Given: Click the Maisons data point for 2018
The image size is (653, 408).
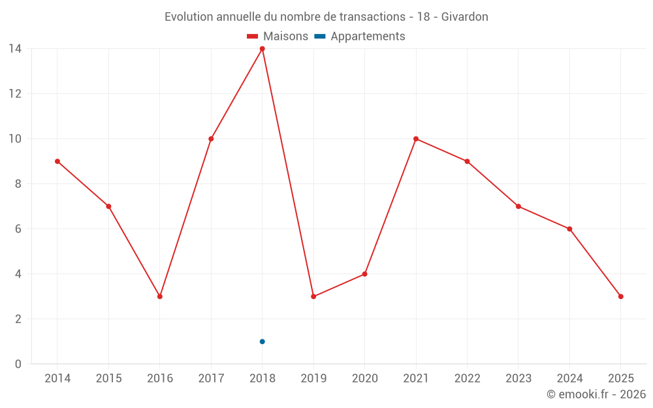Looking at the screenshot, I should point(262,49).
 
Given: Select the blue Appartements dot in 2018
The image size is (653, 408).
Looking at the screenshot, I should point(262,341).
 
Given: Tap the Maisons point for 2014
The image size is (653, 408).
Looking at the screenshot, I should point(57,161).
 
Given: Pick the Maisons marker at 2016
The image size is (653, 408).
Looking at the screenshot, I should point(160,296).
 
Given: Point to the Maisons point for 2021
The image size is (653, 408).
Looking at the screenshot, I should point(416,139).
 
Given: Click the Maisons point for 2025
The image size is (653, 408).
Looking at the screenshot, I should point(620,296).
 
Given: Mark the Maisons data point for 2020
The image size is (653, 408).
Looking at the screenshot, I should point(364,274).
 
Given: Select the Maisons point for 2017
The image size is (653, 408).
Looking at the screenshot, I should point(211,139).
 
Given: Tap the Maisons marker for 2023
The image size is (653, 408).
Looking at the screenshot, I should point(518,206).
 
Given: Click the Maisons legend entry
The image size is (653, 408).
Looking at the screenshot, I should point(278,37).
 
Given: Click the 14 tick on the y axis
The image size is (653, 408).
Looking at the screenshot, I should point(14,49).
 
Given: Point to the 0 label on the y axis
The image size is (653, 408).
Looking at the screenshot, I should point(18,364).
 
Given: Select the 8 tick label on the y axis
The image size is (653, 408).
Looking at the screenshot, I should point(18,184).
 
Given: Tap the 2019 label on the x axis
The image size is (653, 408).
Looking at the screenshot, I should point(313,379).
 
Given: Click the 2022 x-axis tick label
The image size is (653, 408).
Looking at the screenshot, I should point(467,379).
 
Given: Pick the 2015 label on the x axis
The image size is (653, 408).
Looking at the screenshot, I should point(108,379).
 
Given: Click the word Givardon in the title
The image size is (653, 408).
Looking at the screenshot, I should point(464,17).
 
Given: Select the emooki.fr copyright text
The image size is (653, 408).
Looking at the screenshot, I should point(596,394).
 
